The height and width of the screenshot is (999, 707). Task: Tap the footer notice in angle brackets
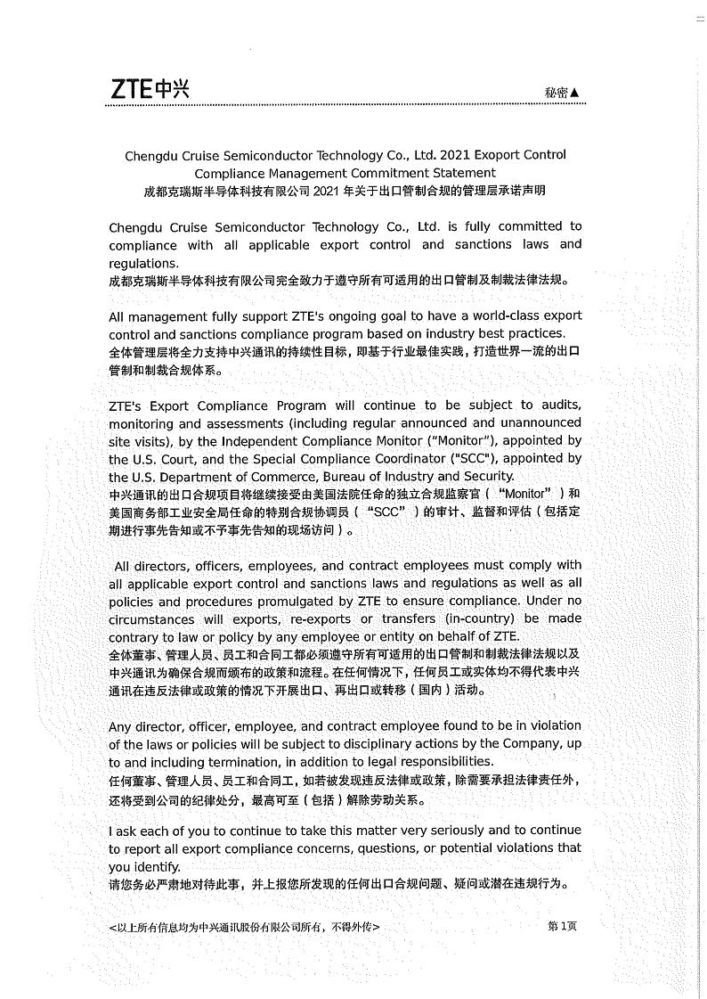pyautogui.click(x=242, y=927)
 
